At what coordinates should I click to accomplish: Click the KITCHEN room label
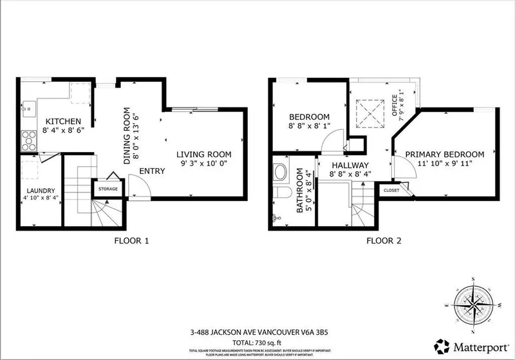tap(62, 121)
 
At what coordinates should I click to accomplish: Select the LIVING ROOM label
tap(203, 155)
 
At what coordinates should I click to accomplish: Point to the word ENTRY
tap(151, 171)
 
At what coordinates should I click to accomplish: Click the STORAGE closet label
tap(108, 189)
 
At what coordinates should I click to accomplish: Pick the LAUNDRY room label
tap(39, 191)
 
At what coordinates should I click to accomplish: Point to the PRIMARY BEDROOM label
tap(445, 155)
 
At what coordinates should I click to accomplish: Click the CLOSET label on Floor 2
tap(391, 191)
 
